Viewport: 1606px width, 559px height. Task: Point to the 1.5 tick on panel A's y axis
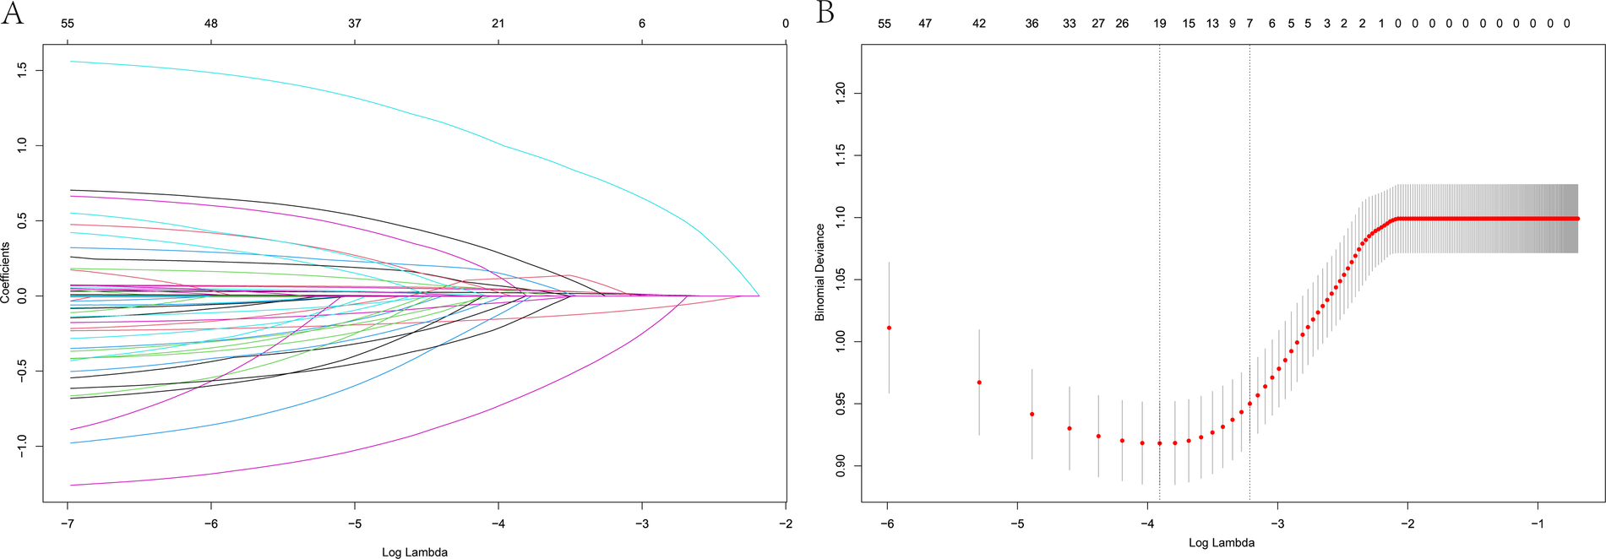point(22,69)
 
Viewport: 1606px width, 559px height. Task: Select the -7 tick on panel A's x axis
point(68,524)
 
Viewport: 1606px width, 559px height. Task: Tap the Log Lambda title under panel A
point(414,552)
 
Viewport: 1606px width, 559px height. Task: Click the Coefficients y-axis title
point(6,272)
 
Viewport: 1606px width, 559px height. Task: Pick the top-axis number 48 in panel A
point(211,24)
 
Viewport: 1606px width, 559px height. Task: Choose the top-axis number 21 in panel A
point(498,24)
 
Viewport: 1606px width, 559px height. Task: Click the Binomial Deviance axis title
point(819,272)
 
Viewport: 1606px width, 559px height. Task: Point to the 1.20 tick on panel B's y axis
point(841,93)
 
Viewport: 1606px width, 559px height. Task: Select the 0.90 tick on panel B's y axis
point(841,465)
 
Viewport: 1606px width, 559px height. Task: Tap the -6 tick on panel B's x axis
point(887,524)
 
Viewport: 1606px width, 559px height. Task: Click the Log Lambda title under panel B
point(1221,543)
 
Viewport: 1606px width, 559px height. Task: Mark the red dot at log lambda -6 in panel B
point(889,328)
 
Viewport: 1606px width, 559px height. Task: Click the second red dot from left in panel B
point(979,383)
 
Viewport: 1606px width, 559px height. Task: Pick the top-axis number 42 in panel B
point(979,24)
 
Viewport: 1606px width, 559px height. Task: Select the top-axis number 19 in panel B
point(1160,24)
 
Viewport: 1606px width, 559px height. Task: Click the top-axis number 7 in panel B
point(1249,24)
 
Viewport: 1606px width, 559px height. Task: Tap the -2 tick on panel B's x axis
point(1408,524)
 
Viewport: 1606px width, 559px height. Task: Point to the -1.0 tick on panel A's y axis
point(22,445)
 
